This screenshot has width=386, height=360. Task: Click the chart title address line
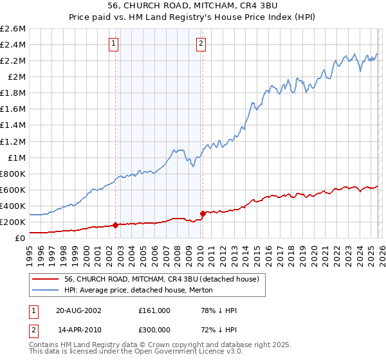pos(193,5)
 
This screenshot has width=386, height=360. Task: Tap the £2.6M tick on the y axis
pos(13,29)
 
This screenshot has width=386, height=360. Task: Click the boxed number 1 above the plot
pos(114,44)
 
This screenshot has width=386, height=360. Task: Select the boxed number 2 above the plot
pos(201,44)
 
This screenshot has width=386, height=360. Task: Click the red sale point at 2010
pos(203,213)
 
